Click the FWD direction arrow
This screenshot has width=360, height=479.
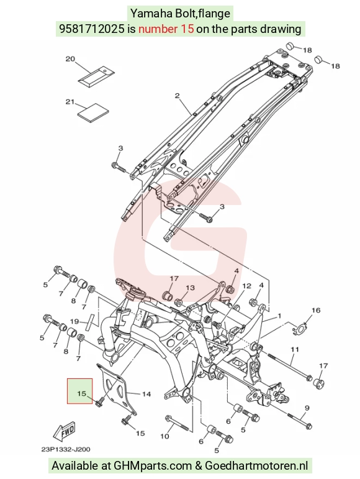click(64, 431)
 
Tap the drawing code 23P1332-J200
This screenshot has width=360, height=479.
click(66, 449)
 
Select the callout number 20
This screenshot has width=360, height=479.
click(71, 58)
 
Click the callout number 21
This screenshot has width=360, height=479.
click(70, 102)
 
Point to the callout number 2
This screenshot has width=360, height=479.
click(178, 96)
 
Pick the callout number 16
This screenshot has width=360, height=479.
click(316, 311)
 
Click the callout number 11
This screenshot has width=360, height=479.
click(295, 349)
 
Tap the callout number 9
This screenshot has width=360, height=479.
click(307, 408)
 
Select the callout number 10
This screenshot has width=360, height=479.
click(164, 436)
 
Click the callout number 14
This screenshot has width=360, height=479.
click(146, 394)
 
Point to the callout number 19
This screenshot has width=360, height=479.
click(74, 321)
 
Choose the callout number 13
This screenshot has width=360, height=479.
click(190, 288)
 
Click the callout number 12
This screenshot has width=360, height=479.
click(246, 286)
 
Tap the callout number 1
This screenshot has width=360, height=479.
click(279, 316)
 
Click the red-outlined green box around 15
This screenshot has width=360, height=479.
click(80, 391)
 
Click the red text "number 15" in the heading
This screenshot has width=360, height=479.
click(166, 29)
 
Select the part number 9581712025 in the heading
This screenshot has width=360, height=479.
click(91, 29)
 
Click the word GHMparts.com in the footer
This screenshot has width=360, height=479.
click(153, 466)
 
